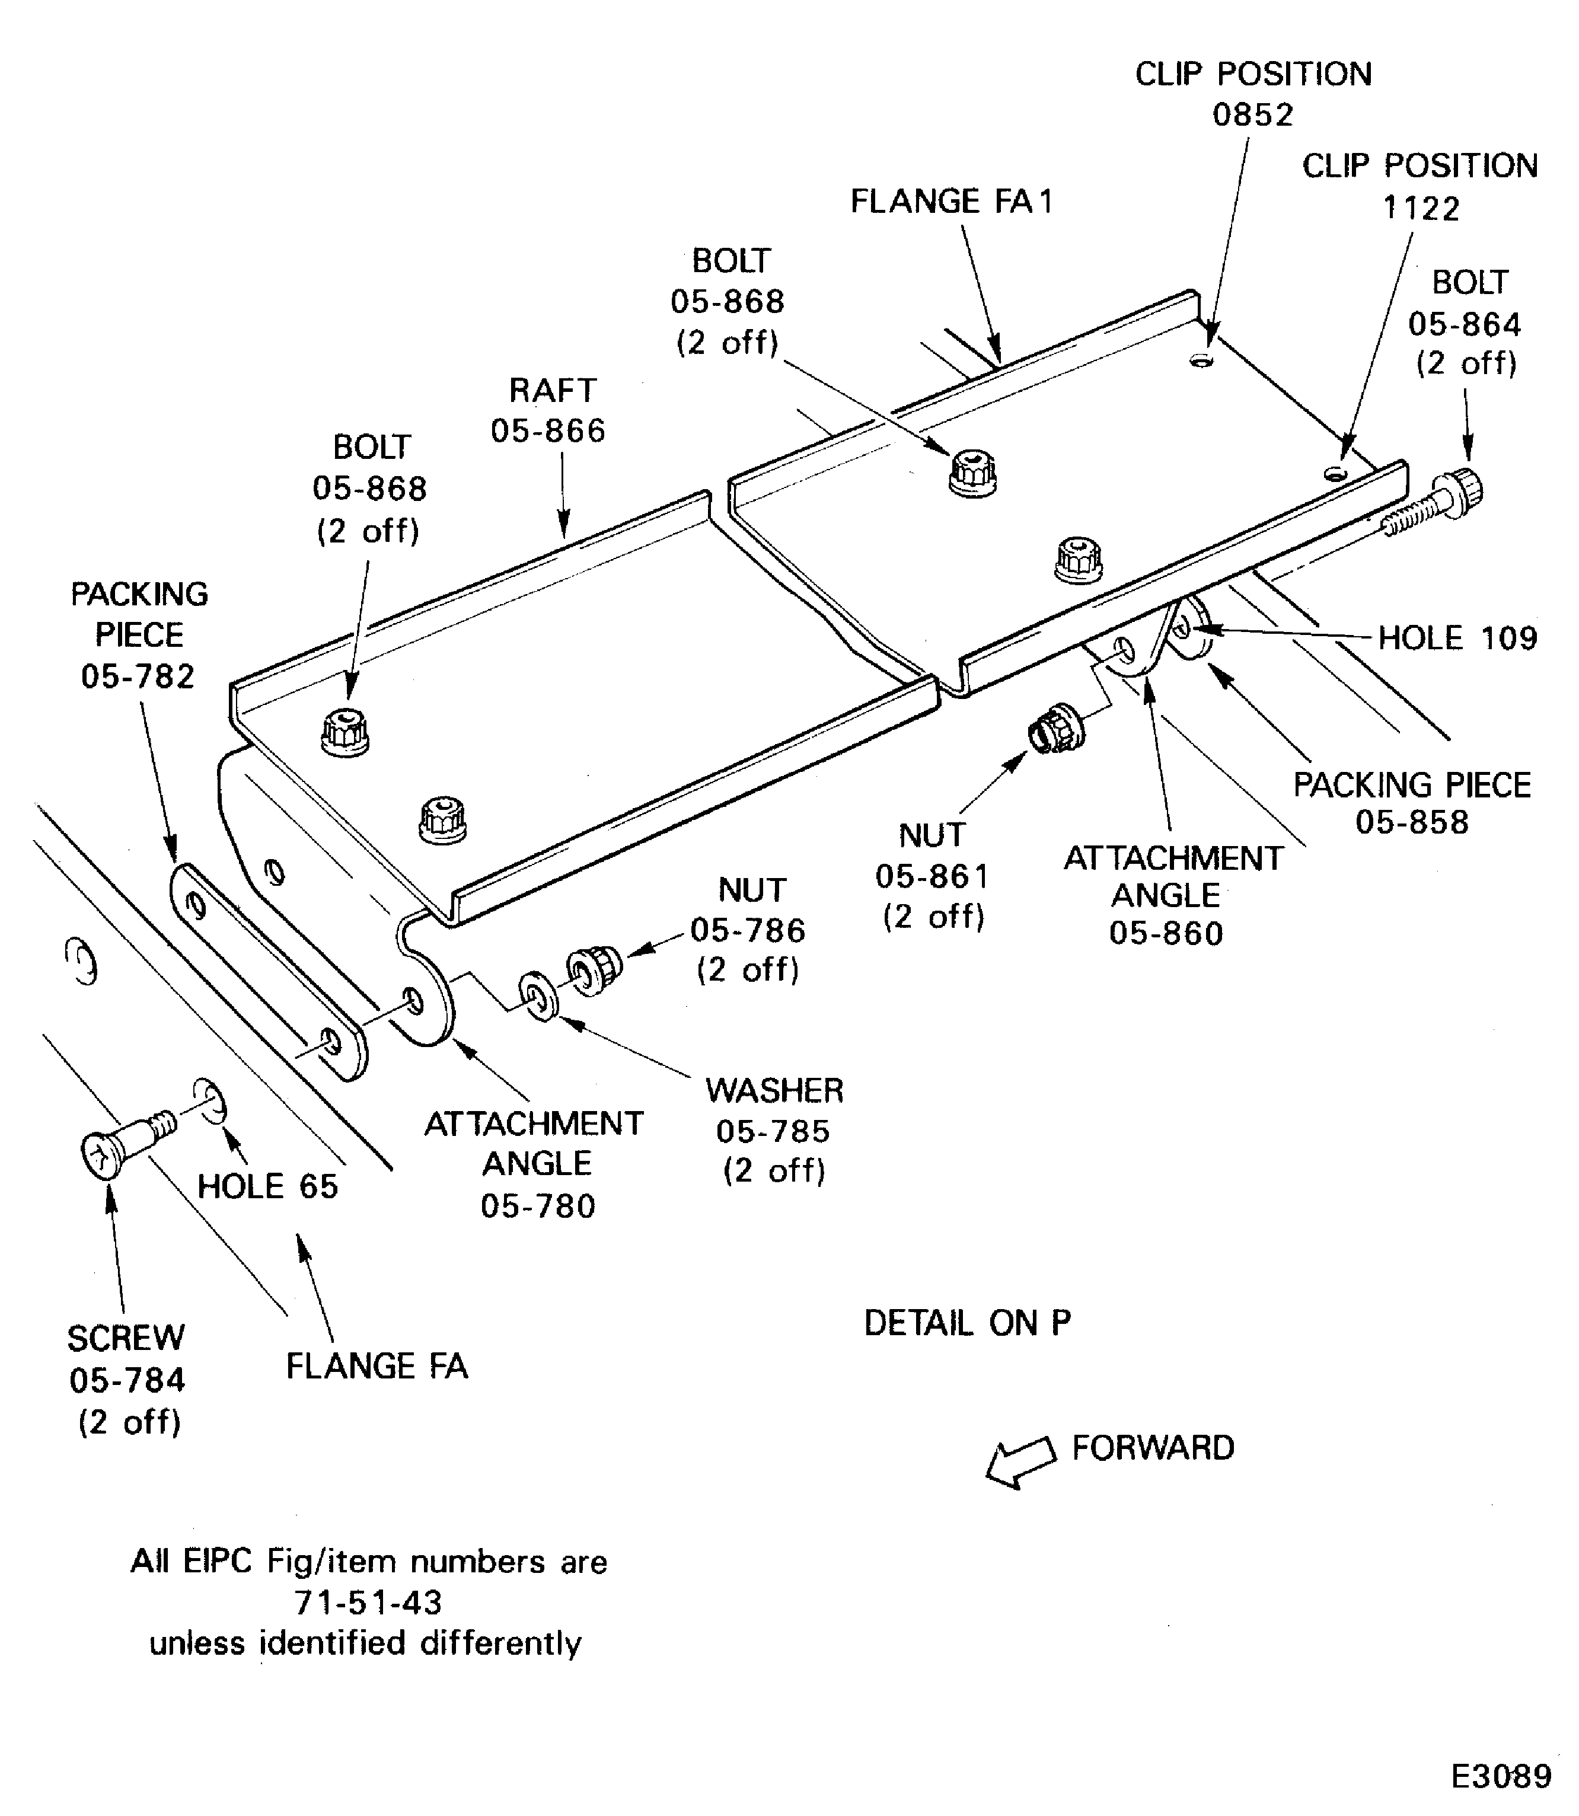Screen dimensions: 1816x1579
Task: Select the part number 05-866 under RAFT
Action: (548, 431)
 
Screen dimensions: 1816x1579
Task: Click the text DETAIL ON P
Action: (966, 1323)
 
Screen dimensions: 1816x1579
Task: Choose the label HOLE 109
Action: (1456, 638)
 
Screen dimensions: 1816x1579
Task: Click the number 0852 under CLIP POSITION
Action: (1252, 114)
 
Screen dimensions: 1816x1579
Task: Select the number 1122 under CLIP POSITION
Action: (1421, 209)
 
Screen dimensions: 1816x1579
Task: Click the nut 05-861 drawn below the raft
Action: (1054, 728)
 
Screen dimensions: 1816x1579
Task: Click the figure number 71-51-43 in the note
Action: (368, 1602)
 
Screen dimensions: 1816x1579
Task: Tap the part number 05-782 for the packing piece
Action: (138, 676)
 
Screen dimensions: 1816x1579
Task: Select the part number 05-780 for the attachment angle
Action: (537, 1205)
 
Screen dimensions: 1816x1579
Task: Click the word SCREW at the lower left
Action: (126, 1338)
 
